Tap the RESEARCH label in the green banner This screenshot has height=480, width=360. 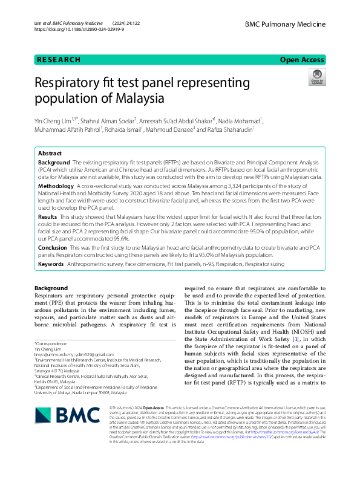point(59,60)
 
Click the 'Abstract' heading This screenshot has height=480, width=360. point(50,154)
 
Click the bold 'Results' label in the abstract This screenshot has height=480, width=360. point(48,216)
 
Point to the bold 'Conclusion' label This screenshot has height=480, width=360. point(53,248)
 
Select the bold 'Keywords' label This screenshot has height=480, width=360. point(51,264)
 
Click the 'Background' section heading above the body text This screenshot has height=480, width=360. point(51,288)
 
